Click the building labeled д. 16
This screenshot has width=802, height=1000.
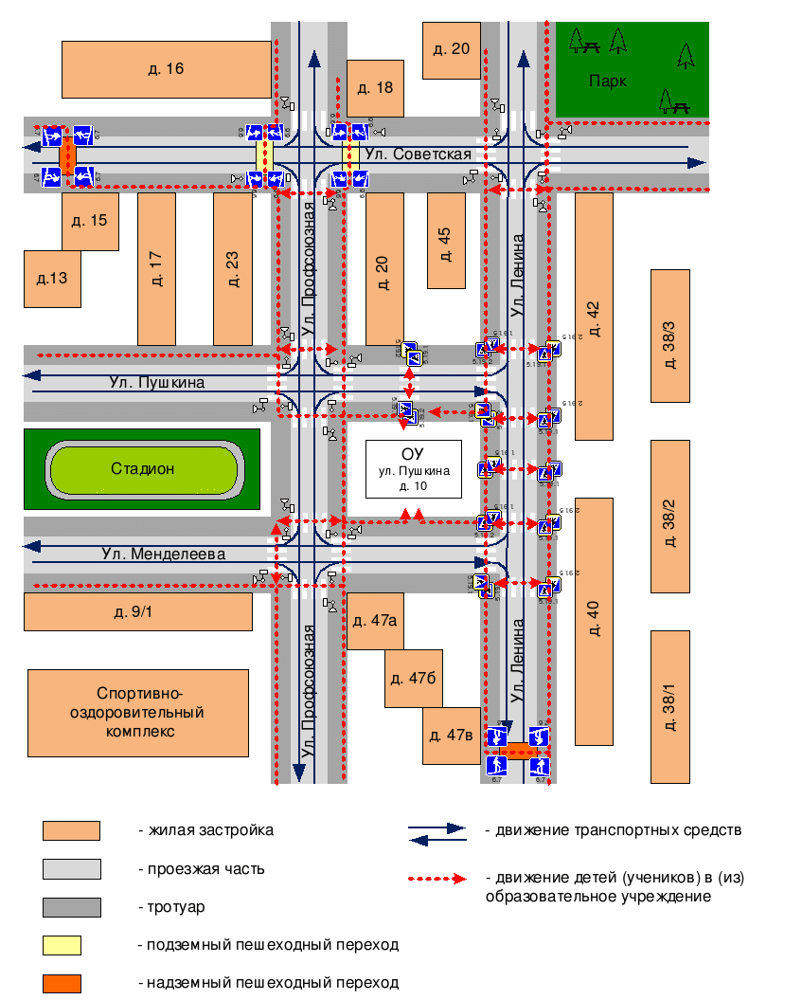(166, 69)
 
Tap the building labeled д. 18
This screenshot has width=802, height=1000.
(375, 88)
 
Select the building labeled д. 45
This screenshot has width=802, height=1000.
(446, 241)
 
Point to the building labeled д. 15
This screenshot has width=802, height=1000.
(90, 222)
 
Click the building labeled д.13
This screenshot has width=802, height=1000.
(52, 279)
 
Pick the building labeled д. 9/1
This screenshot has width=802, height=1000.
(137, 611)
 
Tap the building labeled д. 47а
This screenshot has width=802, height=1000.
(375, 621)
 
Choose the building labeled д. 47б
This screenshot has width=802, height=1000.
(413, 679)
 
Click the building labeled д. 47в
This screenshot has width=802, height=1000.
(451, 736)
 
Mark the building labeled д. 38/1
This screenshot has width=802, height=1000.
(669, 706)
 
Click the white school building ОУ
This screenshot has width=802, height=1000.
(414, 468)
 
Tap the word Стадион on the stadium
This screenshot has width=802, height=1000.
(143, 468)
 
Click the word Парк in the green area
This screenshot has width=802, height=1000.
(607, 81)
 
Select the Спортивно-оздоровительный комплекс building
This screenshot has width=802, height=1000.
(138, 713)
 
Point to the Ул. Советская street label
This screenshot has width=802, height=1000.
(432, 155)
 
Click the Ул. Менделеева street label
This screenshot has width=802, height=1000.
(163, 554)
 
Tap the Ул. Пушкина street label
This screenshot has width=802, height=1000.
(155, 383)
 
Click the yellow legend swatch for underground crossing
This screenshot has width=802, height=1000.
(62, 945)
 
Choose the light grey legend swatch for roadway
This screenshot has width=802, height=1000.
(71, 869)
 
